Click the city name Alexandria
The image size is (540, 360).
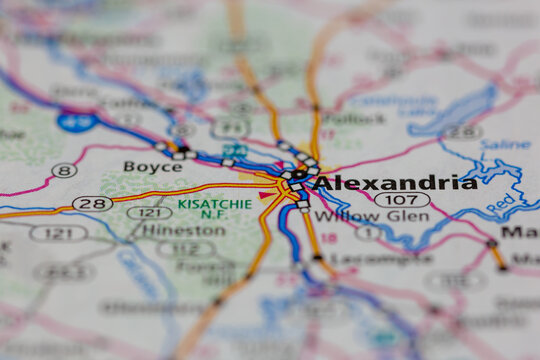394,183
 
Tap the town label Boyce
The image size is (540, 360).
153,166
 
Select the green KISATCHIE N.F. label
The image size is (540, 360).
214,208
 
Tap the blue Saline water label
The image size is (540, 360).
505,144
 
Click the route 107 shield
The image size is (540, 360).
402,200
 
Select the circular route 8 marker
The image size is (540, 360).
64,171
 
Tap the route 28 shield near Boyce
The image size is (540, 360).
92,203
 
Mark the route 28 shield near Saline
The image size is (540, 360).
462,132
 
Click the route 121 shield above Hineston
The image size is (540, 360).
149,212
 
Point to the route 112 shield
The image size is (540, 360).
186,249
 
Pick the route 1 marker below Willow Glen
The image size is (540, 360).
366,233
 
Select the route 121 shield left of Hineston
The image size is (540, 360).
58,233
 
